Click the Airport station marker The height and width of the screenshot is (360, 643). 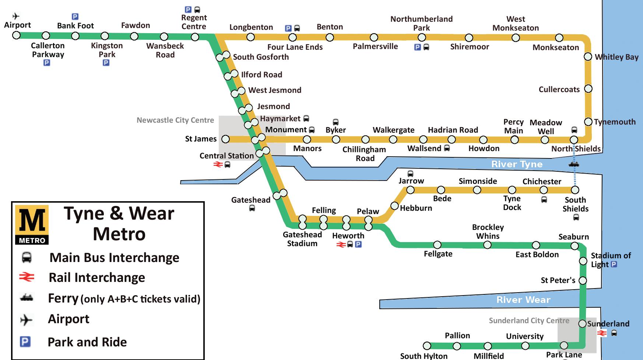(16, 35)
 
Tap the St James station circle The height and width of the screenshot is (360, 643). (225, 139)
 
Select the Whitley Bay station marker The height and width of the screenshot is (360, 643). (588, 57)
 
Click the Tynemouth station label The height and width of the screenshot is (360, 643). (615, 122)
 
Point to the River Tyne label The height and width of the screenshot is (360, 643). (517, 164)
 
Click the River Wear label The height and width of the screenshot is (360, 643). (523, 300)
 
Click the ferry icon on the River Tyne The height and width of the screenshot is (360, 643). (574, 164)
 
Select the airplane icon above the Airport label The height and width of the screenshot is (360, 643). (16, 16)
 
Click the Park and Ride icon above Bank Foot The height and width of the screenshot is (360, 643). (75, 17)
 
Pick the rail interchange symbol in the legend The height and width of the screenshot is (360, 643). (27, 277)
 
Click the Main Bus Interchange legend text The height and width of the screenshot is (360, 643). (114, 258)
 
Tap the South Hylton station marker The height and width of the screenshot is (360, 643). (427, 346)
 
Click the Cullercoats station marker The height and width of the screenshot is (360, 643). (588, 89)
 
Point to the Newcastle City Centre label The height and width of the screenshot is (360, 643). (175, 120)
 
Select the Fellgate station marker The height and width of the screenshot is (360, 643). (437, 245)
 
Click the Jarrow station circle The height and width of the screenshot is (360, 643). (410, 190)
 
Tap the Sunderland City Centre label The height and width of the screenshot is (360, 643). (529, 321)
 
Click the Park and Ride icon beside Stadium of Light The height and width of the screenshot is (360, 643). (614, 264)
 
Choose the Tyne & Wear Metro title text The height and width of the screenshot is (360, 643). (119, 224)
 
